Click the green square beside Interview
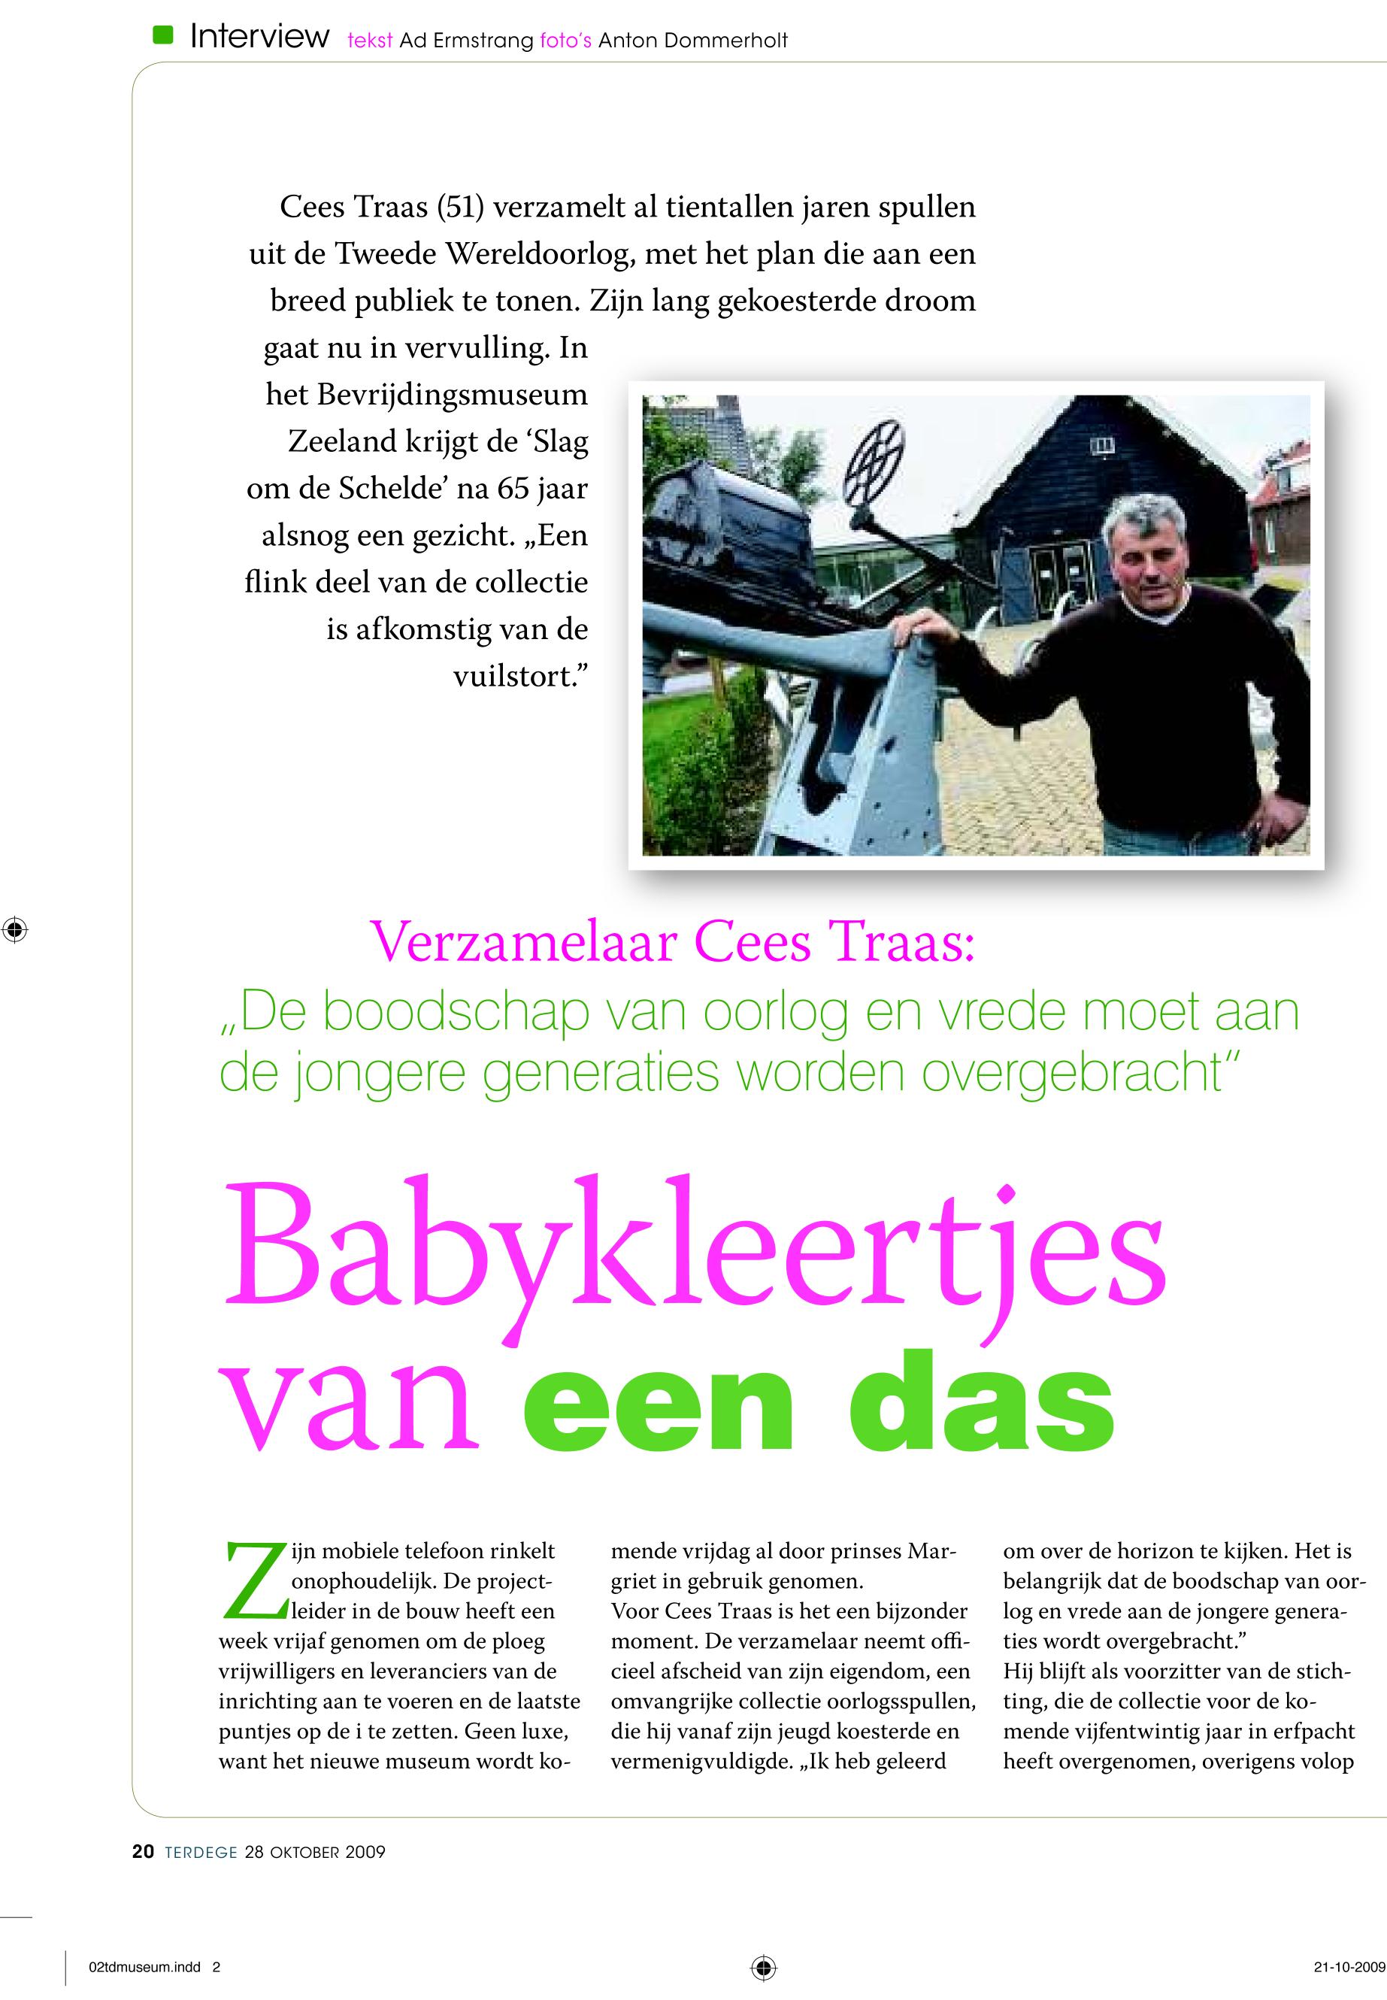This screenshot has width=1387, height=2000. [162, 35]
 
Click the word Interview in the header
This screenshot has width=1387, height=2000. [259, 37]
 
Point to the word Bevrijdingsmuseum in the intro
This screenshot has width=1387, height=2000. [452, 395]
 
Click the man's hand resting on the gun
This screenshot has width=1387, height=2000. [923, 625]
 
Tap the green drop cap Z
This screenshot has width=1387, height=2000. [255, 1581]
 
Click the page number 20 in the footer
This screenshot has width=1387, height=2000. [144, 1852]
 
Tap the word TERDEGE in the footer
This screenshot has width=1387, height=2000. [201, 1852]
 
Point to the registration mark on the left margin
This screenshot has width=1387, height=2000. [15, 929]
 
